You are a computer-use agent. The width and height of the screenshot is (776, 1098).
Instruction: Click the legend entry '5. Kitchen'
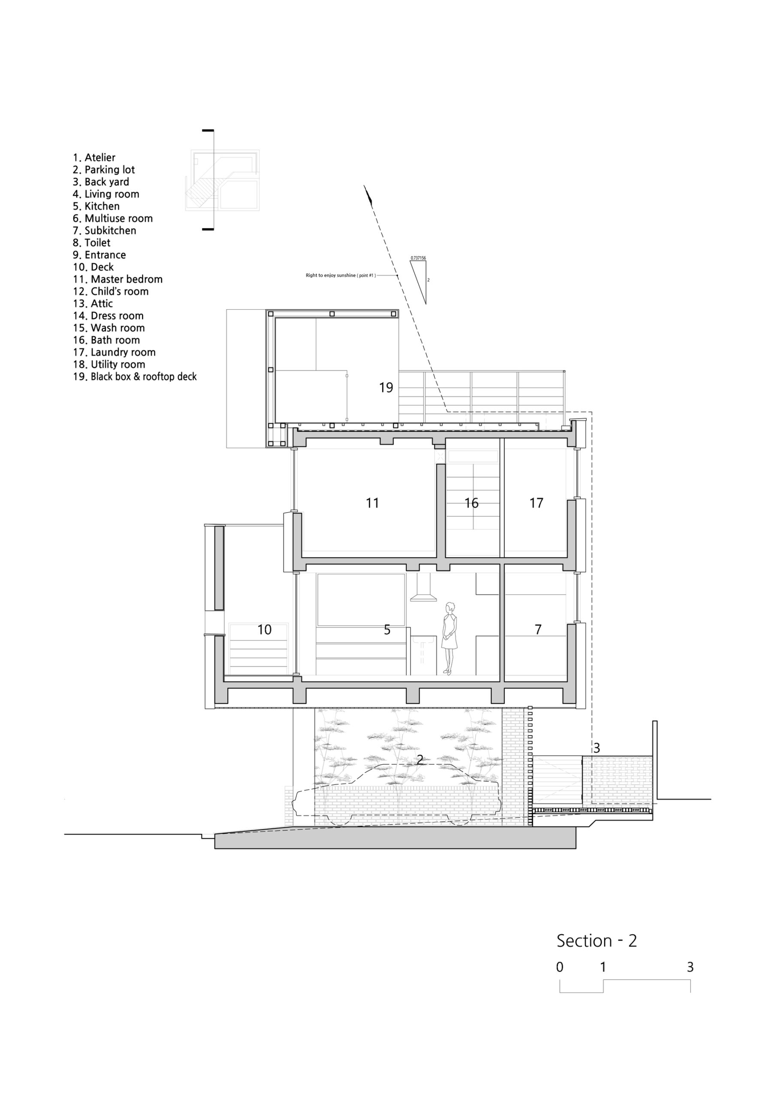[96, 206]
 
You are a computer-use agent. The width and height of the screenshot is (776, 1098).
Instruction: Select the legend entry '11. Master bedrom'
[118, 279]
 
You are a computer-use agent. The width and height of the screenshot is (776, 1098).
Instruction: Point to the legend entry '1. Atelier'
[94, 157]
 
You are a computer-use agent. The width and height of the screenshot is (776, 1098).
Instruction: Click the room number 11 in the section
[372, 503]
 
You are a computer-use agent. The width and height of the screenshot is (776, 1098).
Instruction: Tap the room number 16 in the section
[471, 503]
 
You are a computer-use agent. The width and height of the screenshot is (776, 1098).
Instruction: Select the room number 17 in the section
[536, 503]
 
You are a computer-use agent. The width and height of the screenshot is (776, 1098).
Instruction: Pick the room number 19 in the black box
[386, 387]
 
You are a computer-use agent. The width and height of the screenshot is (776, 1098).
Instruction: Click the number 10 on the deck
[265, 629]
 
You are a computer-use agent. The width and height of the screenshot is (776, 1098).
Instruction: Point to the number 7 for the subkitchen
[538, 629]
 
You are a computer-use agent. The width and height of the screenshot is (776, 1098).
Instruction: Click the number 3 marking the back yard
[597, 748]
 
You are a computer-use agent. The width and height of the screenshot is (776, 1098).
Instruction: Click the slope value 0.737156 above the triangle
[418, 258]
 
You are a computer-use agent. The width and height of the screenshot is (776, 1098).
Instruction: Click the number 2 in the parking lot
[420, 760]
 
